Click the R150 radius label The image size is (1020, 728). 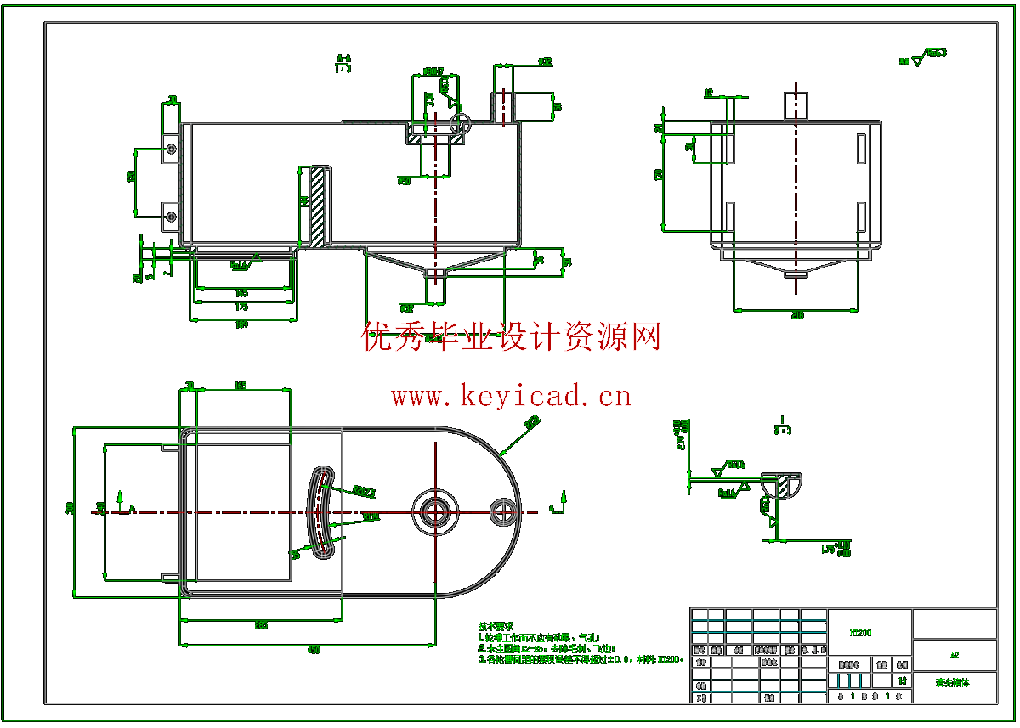pyautogui.click(x=533, y=420)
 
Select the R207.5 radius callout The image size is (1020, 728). pyautogui.click(x=364, y=491)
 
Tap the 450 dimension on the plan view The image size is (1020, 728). pyautogui.click(x=314, y=650)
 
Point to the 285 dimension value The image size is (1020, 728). pyautogui.click(x=261, y=625)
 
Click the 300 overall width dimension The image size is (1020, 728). pyautogui.click(x=71, y=508)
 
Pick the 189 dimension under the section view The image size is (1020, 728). pyautogui.click(x=242, y=324)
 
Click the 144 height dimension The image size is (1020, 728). pyautogui.click(x=303, y=201)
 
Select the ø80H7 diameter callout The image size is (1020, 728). pyautogui.click(x=433, y=71)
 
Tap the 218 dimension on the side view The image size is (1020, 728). pyautogui.click(x=797, y=315)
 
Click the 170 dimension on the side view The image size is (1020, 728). pyautogui.click(x=660, y=175)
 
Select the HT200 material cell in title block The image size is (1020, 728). pyautogui.click(x=860, y=632)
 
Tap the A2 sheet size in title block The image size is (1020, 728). pyautogui.click(x=955, y=655)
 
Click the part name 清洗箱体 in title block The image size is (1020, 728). pyautogui.click(x=953, y=682)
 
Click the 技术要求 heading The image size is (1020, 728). pyautogui.click(x=496, y=625)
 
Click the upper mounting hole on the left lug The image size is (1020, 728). pyautogui.click(x=172, y=150)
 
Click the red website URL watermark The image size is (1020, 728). pyautogui.click(x=511, y=395)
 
